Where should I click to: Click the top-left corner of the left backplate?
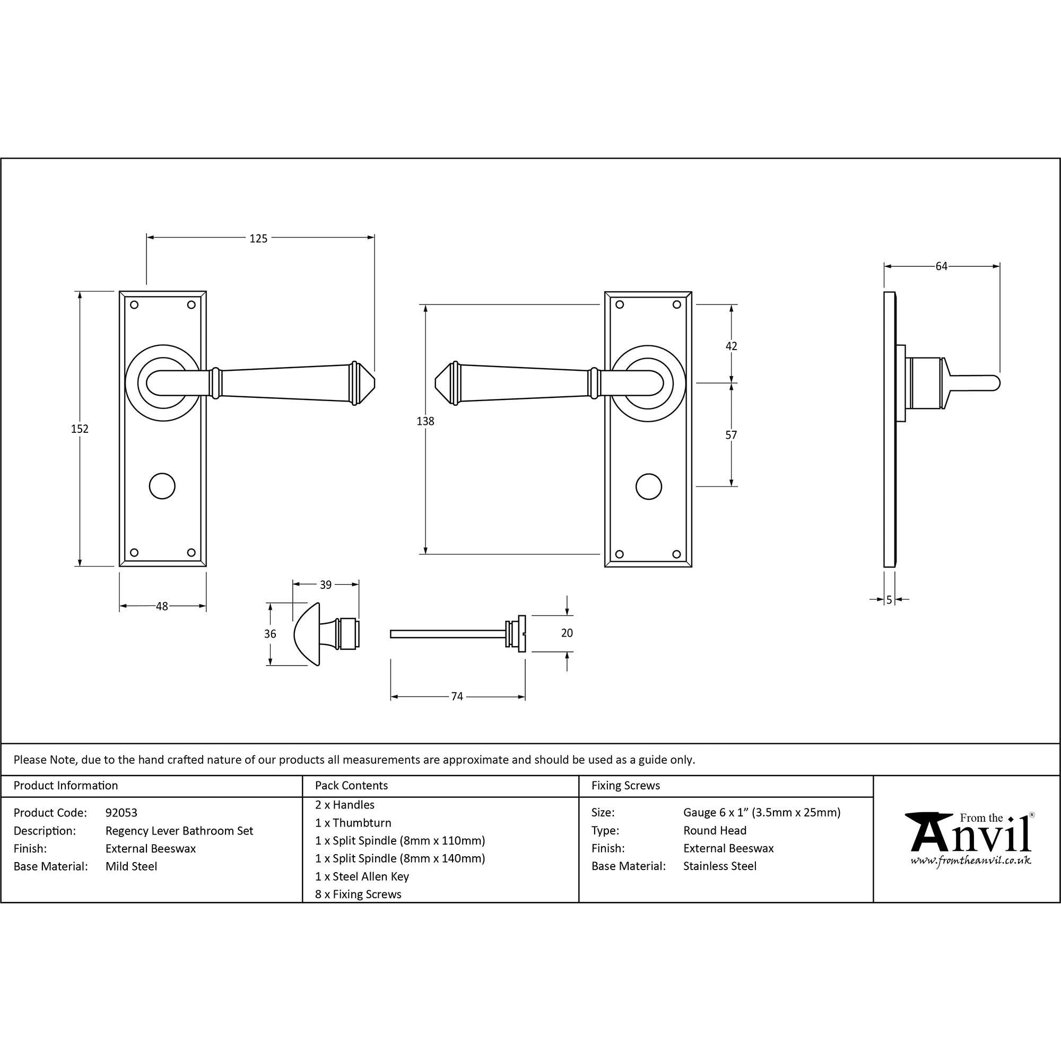pyautogui.click(x=120, y=291)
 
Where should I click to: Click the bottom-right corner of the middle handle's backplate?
pyautogui.click(x=691, y=567)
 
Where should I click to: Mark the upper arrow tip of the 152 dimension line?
pyautogui.click(x=80, y=292)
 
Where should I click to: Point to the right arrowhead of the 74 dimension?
pyautogui.click(x=525, y=697)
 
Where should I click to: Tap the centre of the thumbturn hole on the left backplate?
pyautogui.click(x=162, y=486)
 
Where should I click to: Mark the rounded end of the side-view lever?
pyautogui.click(x=998, y=383)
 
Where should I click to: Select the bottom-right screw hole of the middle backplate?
pyautogui.click(x=676, y=554)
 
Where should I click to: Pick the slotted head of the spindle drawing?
pyautogui.click(x=521, y=634)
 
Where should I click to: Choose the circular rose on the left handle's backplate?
pyautogui.click(x=163, y=383)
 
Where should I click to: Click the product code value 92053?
pyautogui.click(x=121, y=813)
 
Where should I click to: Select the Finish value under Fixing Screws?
pyautogui.click(x=728, y=848)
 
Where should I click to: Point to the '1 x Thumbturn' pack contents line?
pyautogui.click(x=353, y=823)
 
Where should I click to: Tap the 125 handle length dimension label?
pyautogui.click(x=259, y=238)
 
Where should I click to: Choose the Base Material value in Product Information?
pyautogui.click(x=131, y=867)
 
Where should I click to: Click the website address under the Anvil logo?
pyautogui.click(x=971, y=860)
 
